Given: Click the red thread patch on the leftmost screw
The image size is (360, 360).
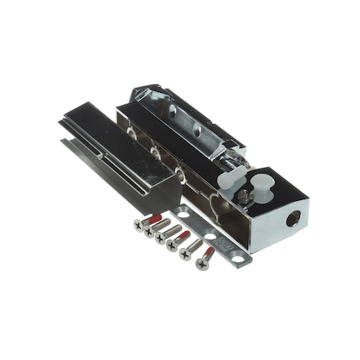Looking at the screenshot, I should (x=156, y=218).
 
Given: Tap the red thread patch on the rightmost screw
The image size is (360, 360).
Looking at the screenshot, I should (x=210, y=252).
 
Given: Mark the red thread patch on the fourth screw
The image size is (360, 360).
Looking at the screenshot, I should (x=185, y=236).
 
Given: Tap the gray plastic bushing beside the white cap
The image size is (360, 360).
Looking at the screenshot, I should (x=228, y=178).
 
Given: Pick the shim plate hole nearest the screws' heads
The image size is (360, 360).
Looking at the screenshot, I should (x=184, y=214).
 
